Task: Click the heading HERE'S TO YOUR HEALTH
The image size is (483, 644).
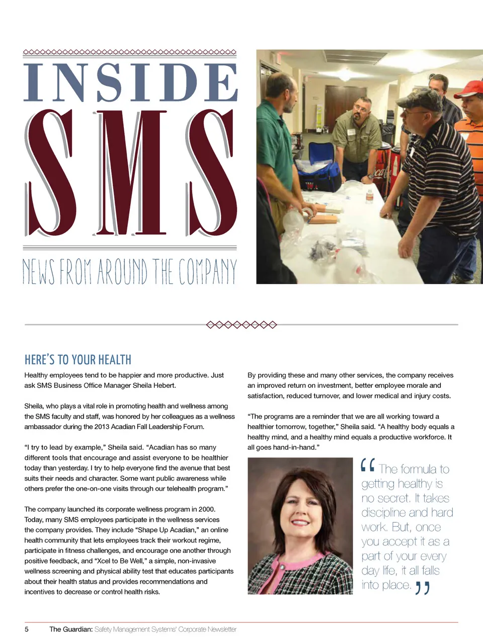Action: (78, 360)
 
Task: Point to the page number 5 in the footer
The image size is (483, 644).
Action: (27, 629)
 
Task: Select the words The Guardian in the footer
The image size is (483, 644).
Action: (70, 629)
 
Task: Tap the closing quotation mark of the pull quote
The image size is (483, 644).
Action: (423, 588)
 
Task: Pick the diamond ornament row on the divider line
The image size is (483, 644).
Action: (242, 325)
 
